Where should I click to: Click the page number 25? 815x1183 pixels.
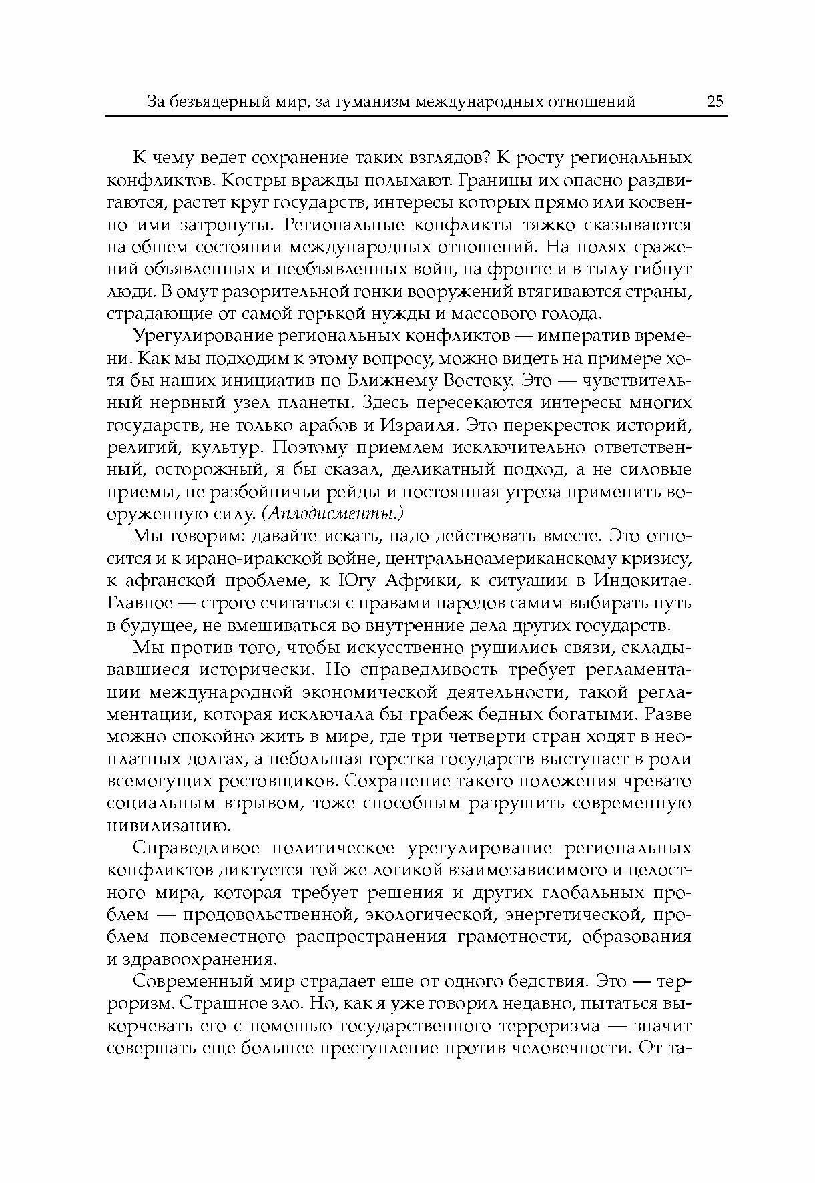pos(714,102)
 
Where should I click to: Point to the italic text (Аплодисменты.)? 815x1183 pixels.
pos(332,514)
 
